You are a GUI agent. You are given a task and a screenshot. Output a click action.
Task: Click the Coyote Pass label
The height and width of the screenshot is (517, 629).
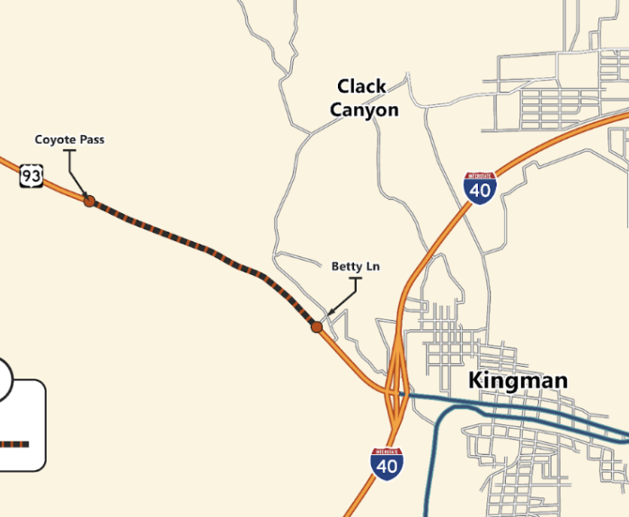tap(69, 139)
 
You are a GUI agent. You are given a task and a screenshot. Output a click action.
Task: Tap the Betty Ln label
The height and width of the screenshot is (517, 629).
tap(355, 266)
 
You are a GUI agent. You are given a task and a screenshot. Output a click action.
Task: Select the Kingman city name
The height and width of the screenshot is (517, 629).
tap(518, 381)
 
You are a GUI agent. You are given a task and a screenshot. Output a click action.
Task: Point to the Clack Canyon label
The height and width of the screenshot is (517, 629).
tap(362, 98)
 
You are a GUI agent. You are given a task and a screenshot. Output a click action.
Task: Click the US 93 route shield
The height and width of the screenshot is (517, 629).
tap(31, 176)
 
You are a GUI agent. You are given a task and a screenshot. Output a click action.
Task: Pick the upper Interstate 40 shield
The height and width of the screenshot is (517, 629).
tap(481, 188)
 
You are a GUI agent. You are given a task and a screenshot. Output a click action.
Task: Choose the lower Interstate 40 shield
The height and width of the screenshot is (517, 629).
tap(386, 463)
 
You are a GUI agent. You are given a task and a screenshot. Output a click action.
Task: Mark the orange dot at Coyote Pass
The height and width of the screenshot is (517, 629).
tap(89, 201)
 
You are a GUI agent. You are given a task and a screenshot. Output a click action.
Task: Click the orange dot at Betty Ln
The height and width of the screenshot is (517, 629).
tap(316, 327)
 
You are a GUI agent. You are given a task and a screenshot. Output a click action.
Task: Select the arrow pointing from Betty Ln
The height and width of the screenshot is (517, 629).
tap(344, 299)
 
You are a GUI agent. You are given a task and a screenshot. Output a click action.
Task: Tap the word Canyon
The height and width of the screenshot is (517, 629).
tap(364, 111)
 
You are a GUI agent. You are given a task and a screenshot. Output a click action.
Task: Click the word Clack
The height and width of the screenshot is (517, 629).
tap(361, 86)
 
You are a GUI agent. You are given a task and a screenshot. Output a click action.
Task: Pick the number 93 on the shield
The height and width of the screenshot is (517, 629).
tap(31, 177)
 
